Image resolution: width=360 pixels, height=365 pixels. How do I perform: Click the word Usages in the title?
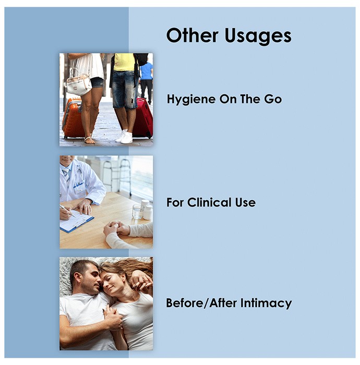point(258,36)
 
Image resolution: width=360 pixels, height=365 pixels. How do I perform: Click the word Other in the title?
point(193,35)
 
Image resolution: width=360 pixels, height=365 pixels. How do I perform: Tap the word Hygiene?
point(191,100)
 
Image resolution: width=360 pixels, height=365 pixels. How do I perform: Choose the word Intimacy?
point(266,303)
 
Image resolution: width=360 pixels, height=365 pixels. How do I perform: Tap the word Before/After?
point(202,303)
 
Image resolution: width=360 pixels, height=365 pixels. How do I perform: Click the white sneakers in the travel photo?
point(124,137)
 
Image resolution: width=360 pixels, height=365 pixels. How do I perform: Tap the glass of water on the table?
point(138,211)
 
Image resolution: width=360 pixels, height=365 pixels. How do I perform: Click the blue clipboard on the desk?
point(76,222)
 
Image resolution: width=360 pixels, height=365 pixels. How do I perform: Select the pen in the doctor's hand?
point(67,211)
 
